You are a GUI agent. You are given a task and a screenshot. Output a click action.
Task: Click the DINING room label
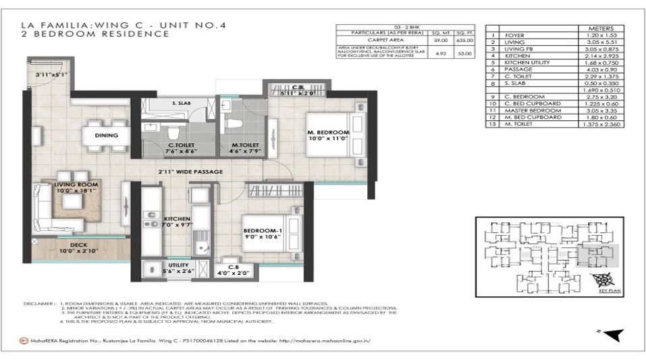107,135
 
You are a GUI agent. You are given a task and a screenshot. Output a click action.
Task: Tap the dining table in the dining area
107,135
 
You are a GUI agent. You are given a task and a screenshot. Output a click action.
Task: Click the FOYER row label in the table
515,35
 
